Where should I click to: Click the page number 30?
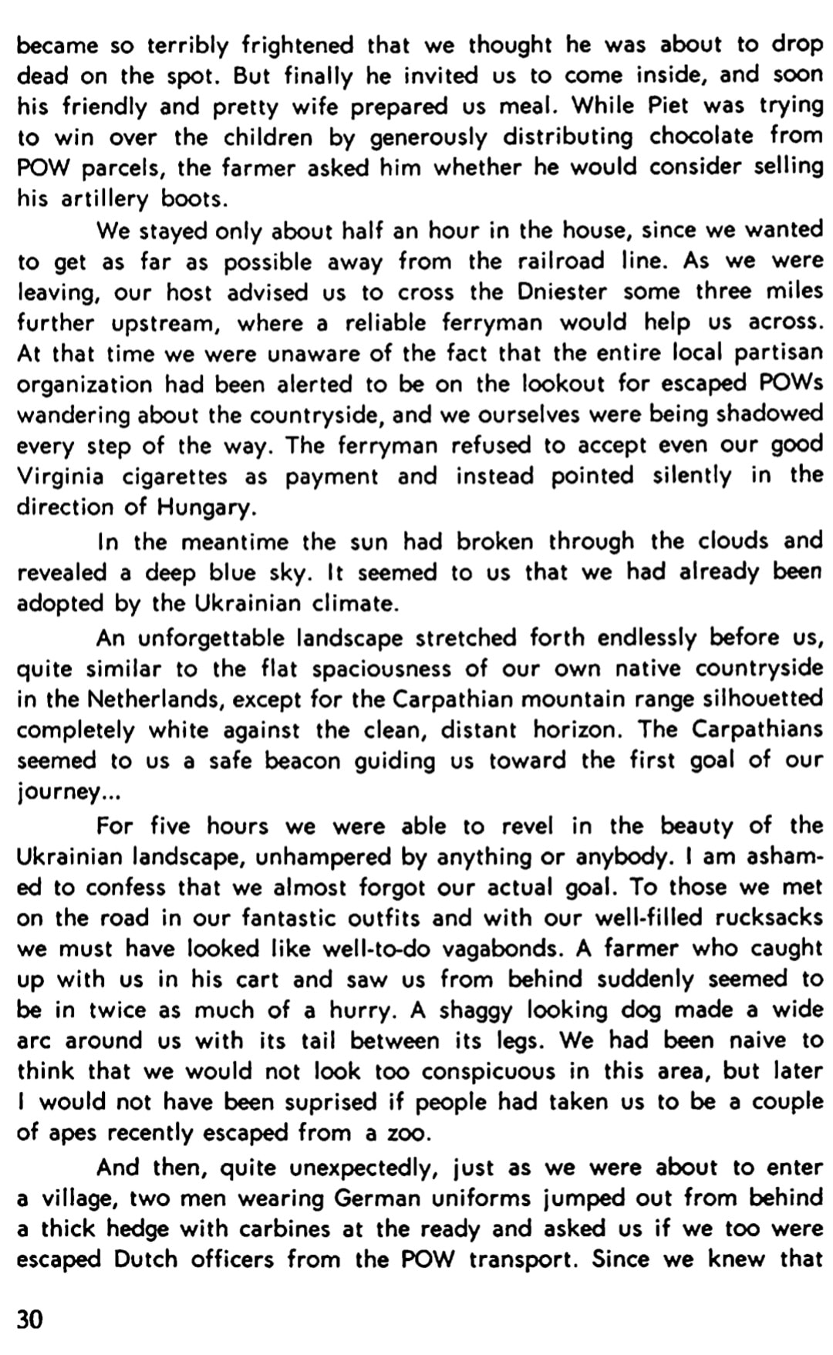coord(30,1319)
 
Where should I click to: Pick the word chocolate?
coord(701,137)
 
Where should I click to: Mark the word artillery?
coord(105,199)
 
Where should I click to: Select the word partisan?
coord(778,354)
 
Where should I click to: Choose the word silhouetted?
coord(751,699)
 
